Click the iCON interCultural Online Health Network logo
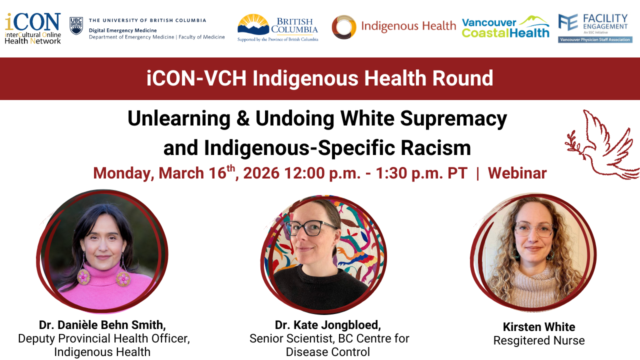[32, 28]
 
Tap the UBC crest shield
[76, 25]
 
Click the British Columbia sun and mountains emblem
[253, 24]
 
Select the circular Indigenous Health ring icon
[344, 27]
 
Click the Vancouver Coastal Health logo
[505, 27]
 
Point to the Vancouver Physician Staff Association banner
[595, 39]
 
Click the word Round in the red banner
[462, 78]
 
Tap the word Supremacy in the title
[453, 119]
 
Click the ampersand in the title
[243, 118]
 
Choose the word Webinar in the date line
[517, 173]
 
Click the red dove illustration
[603, 145]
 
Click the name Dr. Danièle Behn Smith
[102, 325]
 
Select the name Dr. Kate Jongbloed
[327, 325]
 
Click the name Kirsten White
[539, 327]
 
